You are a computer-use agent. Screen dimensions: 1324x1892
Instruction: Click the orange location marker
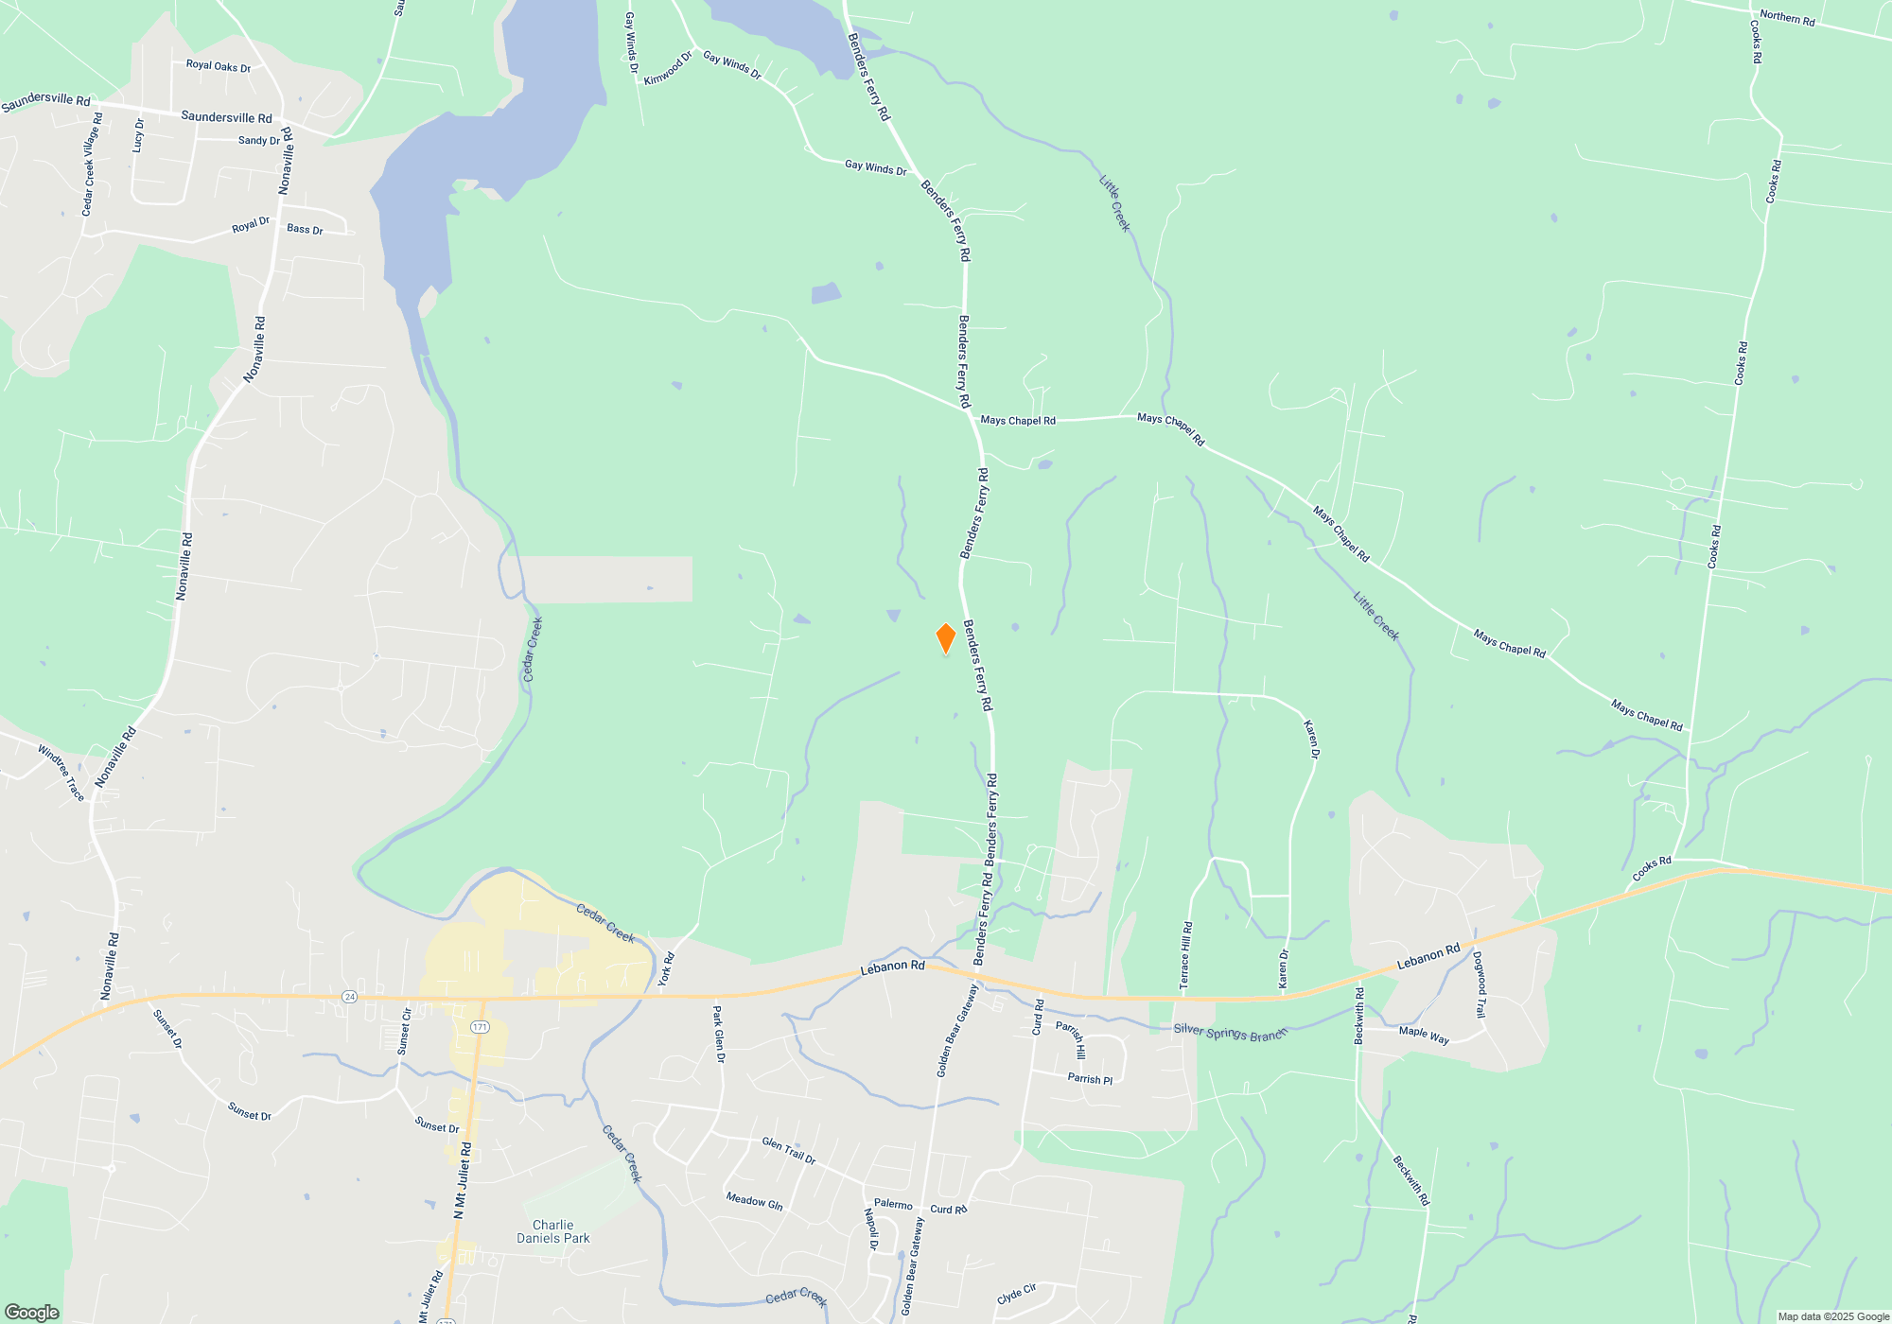click(x=945, y=638)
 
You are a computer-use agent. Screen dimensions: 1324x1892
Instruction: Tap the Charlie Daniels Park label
click(x=553, y=1231)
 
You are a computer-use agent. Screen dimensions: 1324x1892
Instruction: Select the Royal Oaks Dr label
click(x=219, y=66)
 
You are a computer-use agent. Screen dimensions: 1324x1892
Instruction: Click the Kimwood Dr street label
click(x=668, y=68)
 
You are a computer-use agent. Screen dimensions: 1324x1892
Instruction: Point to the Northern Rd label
click(x=1787, y=18)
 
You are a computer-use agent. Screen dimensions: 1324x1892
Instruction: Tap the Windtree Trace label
click(x=61, y=773)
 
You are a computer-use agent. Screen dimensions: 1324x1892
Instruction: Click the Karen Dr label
click(x=1311, y=740)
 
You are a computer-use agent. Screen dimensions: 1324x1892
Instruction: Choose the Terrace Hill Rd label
click(x=1186, y=955)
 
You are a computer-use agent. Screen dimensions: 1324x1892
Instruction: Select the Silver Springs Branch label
click(x=1230, y=1033)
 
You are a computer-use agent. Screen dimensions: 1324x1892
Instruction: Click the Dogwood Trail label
click(x=1480, y=984)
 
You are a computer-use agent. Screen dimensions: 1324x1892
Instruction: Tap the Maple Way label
click(x=1424, y=1036)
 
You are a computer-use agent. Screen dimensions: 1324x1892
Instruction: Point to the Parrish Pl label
click(x=1090, y=1079)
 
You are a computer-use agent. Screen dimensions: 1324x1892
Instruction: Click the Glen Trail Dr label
click(x=788, y=1150)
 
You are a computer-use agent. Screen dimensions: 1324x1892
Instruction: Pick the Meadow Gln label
click(x=754, y=1201)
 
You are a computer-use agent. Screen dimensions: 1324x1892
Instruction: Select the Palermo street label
click(x=893, y=1205)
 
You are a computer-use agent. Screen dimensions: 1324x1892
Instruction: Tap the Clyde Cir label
click(x=1016, y=1294)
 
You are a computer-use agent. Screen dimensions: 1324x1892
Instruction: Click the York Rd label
click(x=666, y=969)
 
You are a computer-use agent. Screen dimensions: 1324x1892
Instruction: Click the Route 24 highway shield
click(x=350, y=997)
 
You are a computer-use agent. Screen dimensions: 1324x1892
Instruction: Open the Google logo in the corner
click(x=32, y=1313)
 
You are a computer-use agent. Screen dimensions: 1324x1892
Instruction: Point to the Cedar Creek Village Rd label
click(x=91, y=165)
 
